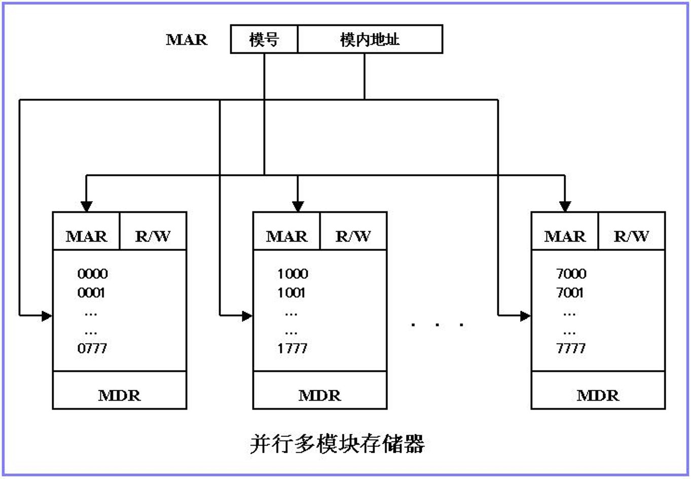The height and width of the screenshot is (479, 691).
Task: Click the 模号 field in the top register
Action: point(264,39)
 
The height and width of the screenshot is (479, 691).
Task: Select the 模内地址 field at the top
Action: point(370,39)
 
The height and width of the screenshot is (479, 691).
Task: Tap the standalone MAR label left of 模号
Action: point(187,40)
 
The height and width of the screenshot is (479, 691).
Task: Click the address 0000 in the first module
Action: point(92,274)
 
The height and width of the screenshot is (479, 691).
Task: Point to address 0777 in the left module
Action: point(92,348)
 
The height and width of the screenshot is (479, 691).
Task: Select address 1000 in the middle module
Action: point(293,274)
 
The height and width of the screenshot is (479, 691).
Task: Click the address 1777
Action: point(293,348)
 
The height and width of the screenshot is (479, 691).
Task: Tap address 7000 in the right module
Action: point(571,274)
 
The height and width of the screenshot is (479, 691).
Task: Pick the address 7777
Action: point(571,348)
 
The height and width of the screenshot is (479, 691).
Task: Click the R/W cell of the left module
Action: point(153,236)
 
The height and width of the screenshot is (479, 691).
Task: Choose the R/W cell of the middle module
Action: point(353,236)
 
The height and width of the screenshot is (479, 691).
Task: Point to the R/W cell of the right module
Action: point(631,236)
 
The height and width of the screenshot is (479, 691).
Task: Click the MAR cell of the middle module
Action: point(286,236)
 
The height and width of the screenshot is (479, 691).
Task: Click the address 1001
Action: point(292,292)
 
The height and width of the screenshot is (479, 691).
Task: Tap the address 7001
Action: point(570,292)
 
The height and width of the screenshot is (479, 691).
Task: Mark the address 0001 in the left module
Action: point(91,292)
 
